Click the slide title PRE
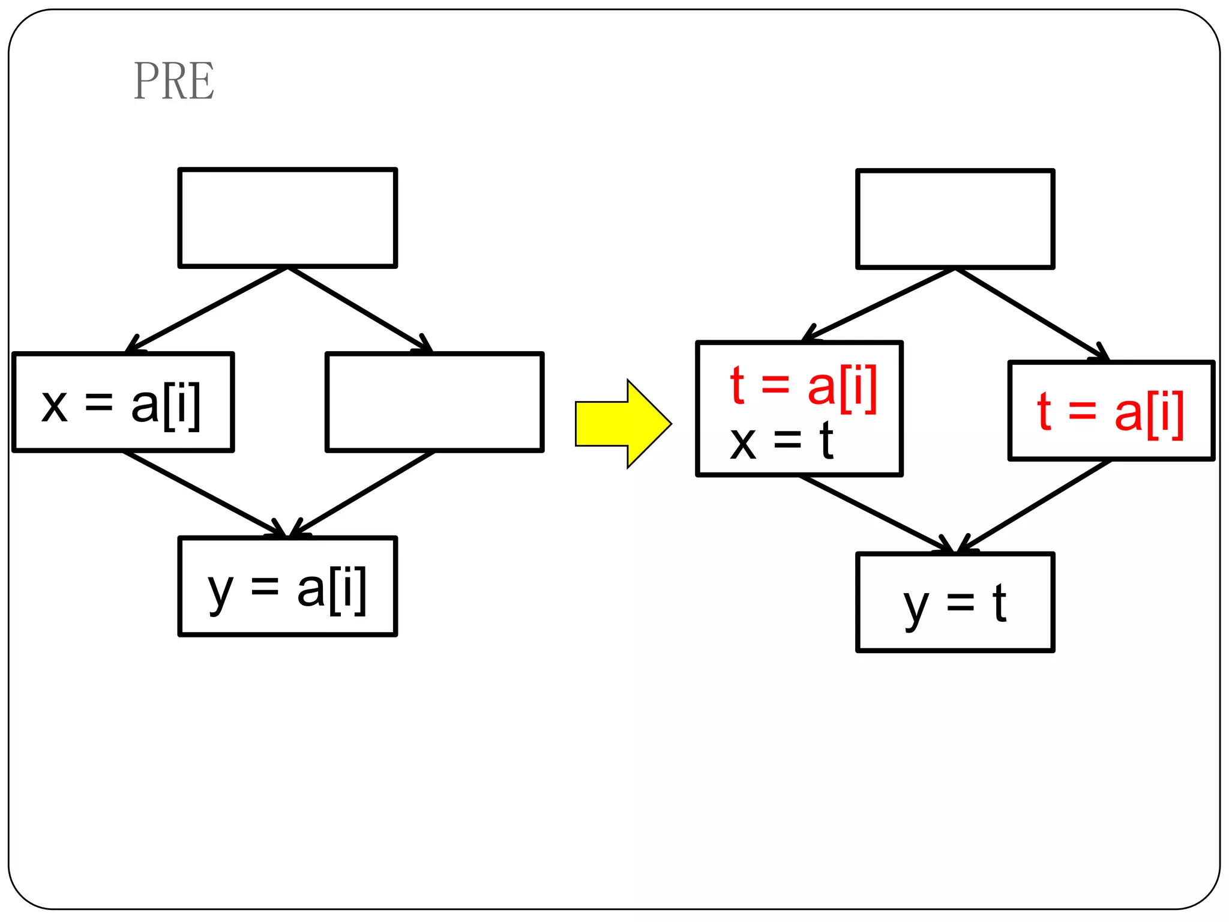point(173,81)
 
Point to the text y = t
point(954,604)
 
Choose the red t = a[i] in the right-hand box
point(1110,412)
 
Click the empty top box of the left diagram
point(287,218)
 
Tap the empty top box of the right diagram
point(955,220)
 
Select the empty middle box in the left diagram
point(434,402)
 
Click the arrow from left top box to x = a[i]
point(207,310)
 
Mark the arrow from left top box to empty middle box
point(360,310)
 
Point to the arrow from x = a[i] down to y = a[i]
point(204,493)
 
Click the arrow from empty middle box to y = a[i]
point(362,493)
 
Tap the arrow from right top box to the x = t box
point(880,305)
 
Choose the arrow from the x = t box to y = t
point(876,514)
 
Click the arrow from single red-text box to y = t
point(1035,506)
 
